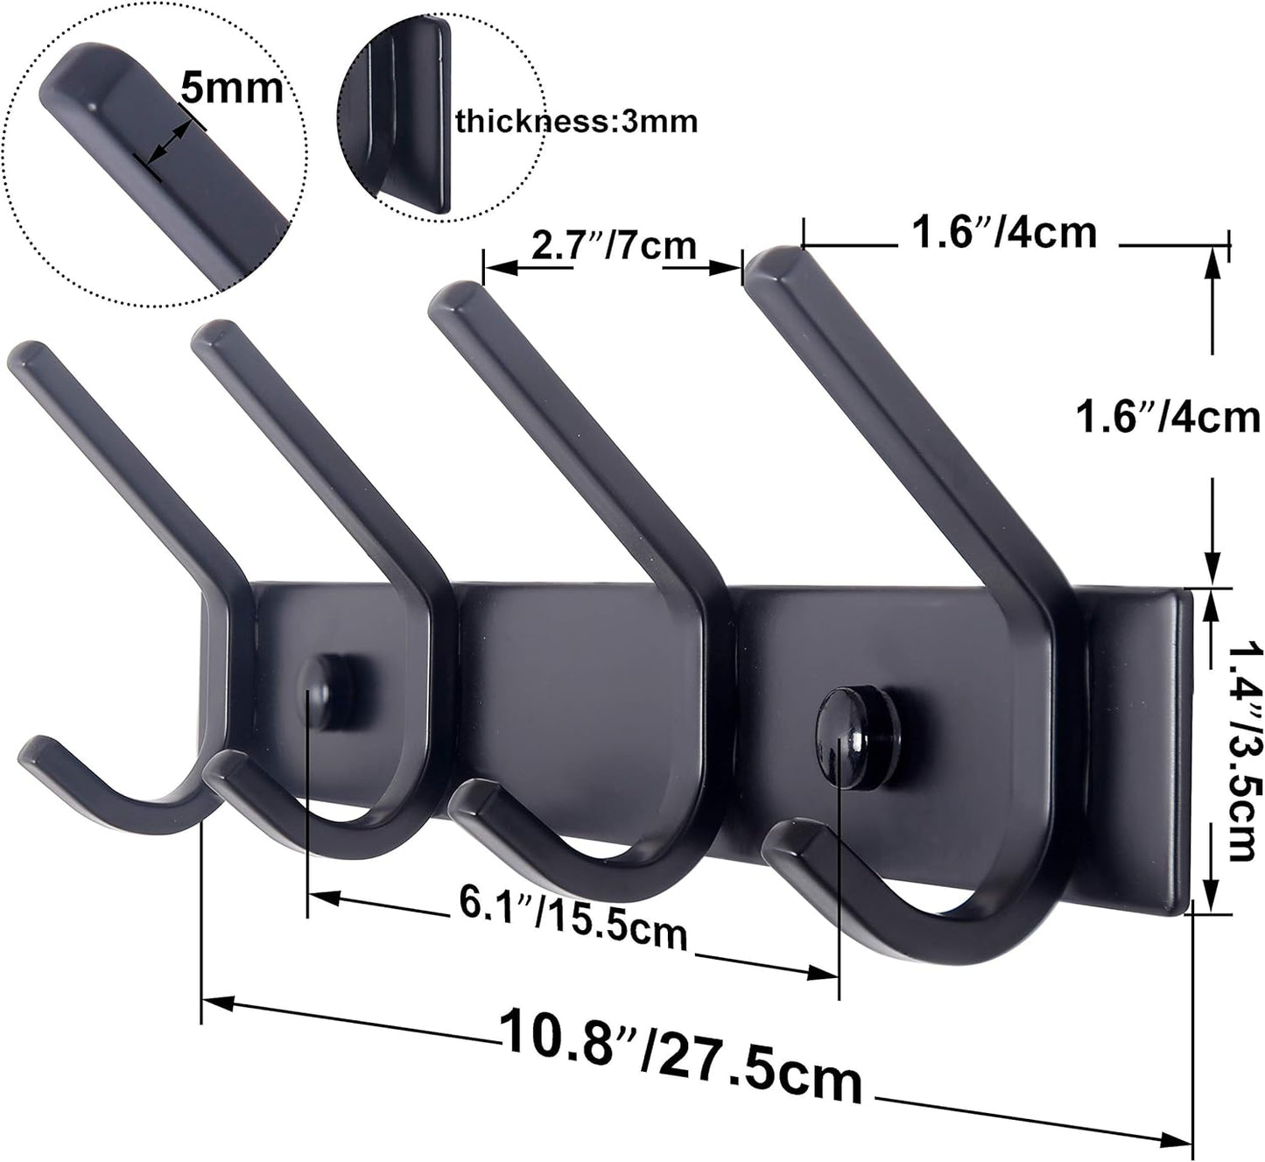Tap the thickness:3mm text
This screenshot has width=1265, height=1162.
tap(577, 121)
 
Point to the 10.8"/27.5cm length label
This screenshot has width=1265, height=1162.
tap(681, 1058)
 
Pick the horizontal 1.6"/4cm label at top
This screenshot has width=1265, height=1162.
tap(1004, 233)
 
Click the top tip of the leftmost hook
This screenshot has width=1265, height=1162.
tap(26, 354)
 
